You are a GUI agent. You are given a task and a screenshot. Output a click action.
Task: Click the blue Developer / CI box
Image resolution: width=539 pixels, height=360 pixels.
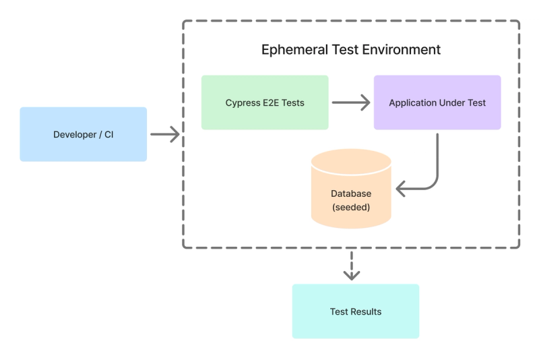(83, 134)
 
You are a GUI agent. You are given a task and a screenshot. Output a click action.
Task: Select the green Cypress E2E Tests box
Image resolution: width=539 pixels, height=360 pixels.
(265, 102)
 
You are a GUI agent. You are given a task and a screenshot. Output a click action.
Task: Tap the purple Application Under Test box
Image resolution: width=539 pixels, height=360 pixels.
(437, 102)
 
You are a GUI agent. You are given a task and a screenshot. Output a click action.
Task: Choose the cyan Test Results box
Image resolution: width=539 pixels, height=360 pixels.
(355, 311)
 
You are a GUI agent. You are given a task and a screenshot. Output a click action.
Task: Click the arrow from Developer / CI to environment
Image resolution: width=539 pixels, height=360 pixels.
(164, 134)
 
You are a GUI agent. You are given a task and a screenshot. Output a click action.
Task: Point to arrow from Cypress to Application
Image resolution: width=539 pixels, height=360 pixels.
(351, 102)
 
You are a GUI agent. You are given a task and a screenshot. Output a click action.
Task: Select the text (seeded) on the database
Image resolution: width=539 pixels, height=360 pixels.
(351, 207)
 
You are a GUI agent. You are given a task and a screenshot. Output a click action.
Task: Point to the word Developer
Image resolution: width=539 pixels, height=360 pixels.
(75, 135)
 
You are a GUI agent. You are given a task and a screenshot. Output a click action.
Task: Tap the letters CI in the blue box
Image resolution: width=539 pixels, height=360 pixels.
(108, 135)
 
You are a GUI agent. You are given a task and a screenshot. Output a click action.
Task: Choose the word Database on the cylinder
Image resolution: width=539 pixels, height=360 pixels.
(351, 193)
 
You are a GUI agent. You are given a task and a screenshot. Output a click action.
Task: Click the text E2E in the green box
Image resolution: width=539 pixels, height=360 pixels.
(271, 103)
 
